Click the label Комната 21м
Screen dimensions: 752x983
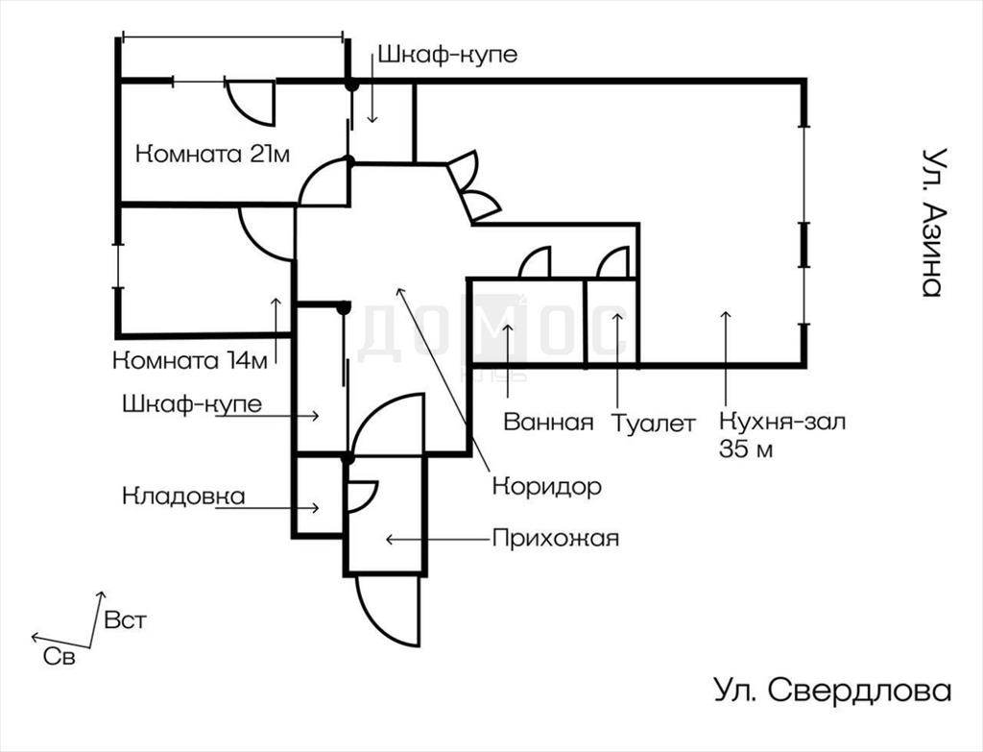click(x=212, y=154)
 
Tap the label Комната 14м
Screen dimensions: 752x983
click(x=189, y=362)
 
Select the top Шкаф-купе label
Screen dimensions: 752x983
click(x=446, y=55)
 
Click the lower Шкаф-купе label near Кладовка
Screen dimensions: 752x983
click(x=192, y=404)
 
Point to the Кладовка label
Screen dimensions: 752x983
click(x=183, y=497)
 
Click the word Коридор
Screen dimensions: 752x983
click(x=546, y=486)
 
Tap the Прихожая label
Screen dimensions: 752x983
click(x=555, y=538)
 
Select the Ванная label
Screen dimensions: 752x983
click(x=548, y=422)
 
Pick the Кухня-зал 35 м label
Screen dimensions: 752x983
click(x=781, y=434)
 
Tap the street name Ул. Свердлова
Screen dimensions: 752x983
click(x=832, y=691)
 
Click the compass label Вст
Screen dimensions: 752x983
click(x=126, y=619)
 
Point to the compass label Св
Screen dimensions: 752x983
click(x=58, y=657)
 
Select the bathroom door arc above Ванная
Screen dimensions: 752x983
click(x=534, y=263)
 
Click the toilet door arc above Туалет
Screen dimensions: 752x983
click(x=612, y=263)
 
